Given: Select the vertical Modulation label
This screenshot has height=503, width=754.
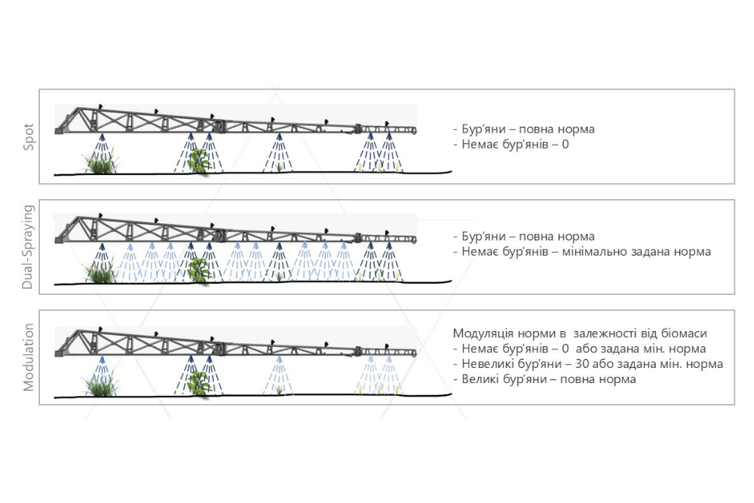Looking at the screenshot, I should [x=29, y=357].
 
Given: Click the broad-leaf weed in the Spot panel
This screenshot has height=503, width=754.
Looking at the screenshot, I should [x=198, y=161].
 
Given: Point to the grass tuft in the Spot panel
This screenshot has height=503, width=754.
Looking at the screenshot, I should [x=100, y=162].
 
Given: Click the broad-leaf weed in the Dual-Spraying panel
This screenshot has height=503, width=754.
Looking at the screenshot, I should [x=198, y=269].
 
